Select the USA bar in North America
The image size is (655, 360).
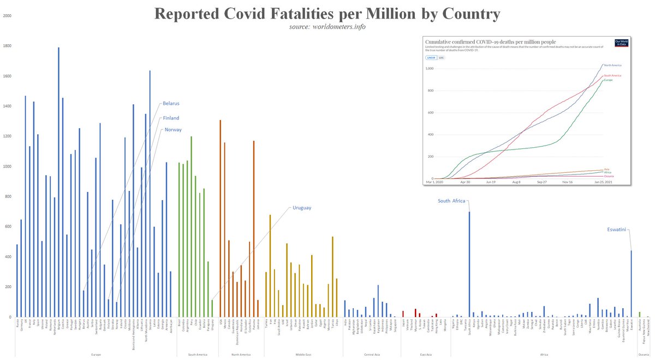click(x=220, y=218)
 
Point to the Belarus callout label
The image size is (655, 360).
click(x=171, y=103)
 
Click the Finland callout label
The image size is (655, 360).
click(x=171, y=118)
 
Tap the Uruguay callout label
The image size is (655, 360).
click(x=302, y=208)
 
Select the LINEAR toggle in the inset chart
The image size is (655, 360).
click(x=430, y=57)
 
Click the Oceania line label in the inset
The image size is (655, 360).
click(x=609, y=176)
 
